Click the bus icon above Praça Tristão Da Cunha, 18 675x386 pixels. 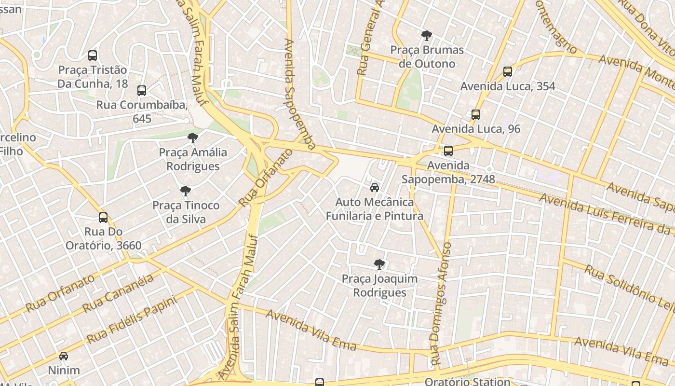(x=93, y=55)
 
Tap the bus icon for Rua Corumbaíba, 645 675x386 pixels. (x=142, y=91)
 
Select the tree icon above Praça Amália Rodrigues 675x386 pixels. (x=193, y=138)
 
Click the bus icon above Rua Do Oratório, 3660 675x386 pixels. (x=103, y=218)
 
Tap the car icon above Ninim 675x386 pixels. (x=64, y=357)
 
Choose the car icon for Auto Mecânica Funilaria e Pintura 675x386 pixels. (x=375, y=188)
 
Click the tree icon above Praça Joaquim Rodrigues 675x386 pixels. (x=379, y=264)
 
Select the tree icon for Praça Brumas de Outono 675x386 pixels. (x=427, y=36)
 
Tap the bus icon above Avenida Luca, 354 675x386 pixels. (x=508, y=72)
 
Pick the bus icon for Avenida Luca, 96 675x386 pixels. (x=476, y=115)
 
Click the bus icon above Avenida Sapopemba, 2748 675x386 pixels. (x=448, y=151)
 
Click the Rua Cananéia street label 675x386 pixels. (x=118, y=293)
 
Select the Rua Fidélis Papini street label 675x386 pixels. (x=132, y=319)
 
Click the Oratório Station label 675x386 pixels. (x=467, y=382)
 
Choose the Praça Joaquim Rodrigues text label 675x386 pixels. (x=380, y=286)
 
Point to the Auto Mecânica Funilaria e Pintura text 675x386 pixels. (x=375, y=208)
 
